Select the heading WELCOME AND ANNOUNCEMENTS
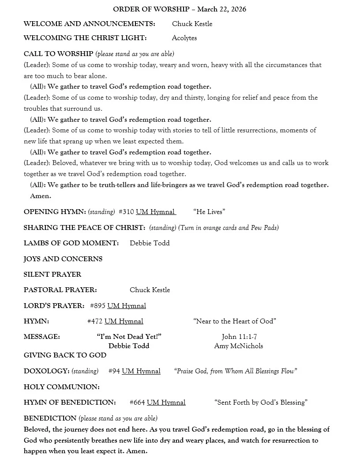89,24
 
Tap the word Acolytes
184,38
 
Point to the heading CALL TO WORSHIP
58,54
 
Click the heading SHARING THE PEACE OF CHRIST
84,228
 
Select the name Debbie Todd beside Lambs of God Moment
150,243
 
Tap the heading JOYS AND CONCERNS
63,259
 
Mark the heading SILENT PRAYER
52,274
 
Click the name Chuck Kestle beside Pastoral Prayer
150,290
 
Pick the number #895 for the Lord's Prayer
97,306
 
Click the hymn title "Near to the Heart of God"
234,321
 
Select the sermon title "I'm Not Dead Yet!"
129,337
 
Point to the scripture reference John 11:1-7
239,337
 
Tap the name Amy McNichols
238,346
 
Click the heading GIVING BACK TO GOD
65,355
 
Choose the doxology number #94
114,372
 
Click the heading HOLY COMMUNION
62,387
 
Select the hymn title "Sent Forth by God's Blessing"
261,402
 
